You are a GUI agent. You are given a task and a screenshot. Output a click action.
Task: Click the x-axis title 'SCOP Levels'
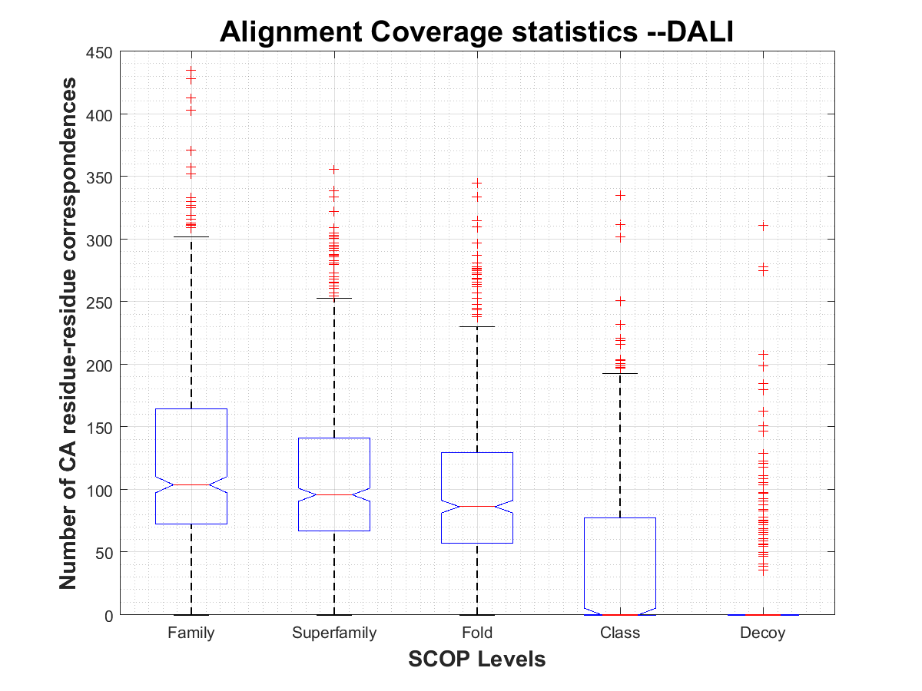(x=477, y=659)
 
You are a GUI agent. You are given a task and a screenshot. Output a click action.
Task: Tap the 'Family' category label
(x=191, y=633)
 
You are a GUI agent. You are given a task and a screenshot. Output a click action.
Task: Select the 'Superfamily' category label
(x=334, y=633)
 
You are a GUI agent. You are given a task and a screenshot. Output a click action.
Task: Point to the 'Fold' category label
(x=477, y=633)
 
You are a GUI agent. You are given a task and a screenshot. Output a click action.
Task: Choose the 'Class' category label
(x=620, y=633)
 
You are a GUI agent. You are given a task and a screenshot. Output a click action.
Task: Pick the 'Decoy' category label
(x=763, y=633)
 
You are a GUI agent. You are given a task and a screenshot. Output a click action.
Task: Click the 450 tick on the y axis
(x=101, y=52)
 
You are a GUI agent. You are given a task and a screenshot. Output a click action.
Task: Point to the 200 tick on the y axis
(x=101, y=365)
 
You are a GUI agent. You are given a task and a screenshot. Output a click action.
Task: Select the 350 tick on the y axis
(x=101, y=177)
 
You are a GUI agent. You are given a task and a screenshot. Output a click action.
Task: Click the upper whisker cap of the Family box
(x=191, y=237)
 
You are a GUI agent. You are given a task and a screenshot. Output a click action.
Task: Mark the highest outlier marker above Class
(x=620, y=195)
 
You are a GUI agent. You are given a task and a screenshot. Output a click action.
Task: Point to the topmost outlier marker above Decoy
(x=763, y=226)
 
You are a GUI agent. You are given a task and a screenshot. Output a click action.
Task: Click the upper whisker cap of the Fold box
(x=477, y=327)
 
